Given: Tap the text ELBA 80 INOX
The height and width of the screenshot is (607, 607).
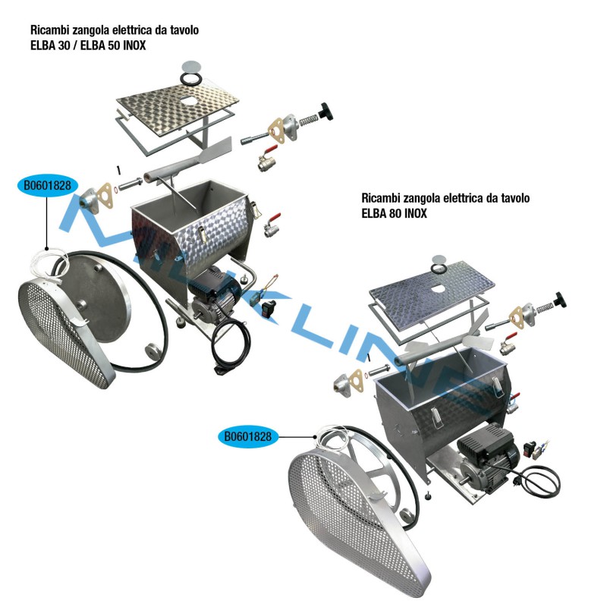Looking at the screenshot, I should coord(395,214).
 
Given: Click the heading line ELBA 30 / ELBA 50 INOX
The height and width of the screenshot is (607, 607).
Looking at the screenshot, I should coord(88,46).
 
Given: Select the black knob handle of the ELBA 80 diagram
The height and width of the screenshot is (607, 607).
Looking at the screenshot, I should coord(561,297).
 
